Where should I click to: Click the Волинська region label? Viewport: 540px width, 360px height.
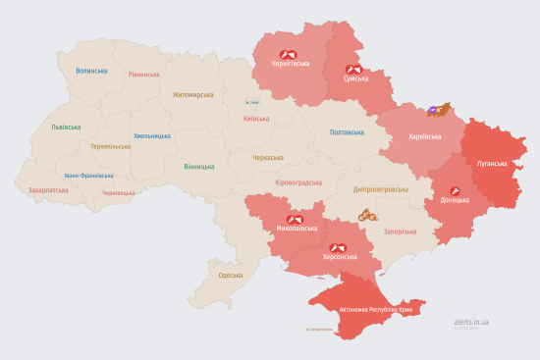click(x=91, y=71)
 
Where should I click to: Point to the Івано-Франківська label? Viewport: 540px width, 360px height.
click(x=88, y=176)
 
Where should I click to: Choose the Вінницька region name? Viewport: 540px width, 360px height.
click(x=199, y=166)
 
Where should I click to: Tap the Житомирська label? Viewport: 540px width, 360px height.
click(x=192, y=95)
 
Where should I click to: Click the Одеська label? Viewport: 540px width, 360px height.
click(x=230, y=276)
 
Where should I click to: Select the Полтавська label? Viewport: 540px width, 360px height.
click(x=347, y=131)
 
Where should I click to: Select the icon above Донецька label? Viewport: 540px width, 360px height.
click(x=455, y=189)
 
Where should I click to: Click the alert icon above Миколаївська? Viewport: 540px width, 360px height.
click(x=295, y=219)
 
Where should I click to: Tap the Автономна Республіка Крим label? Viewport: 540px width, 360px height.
click(x=377, y=310)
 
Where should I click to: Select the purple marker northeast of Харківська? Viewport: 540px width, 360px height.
click(x=433, y=111)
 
